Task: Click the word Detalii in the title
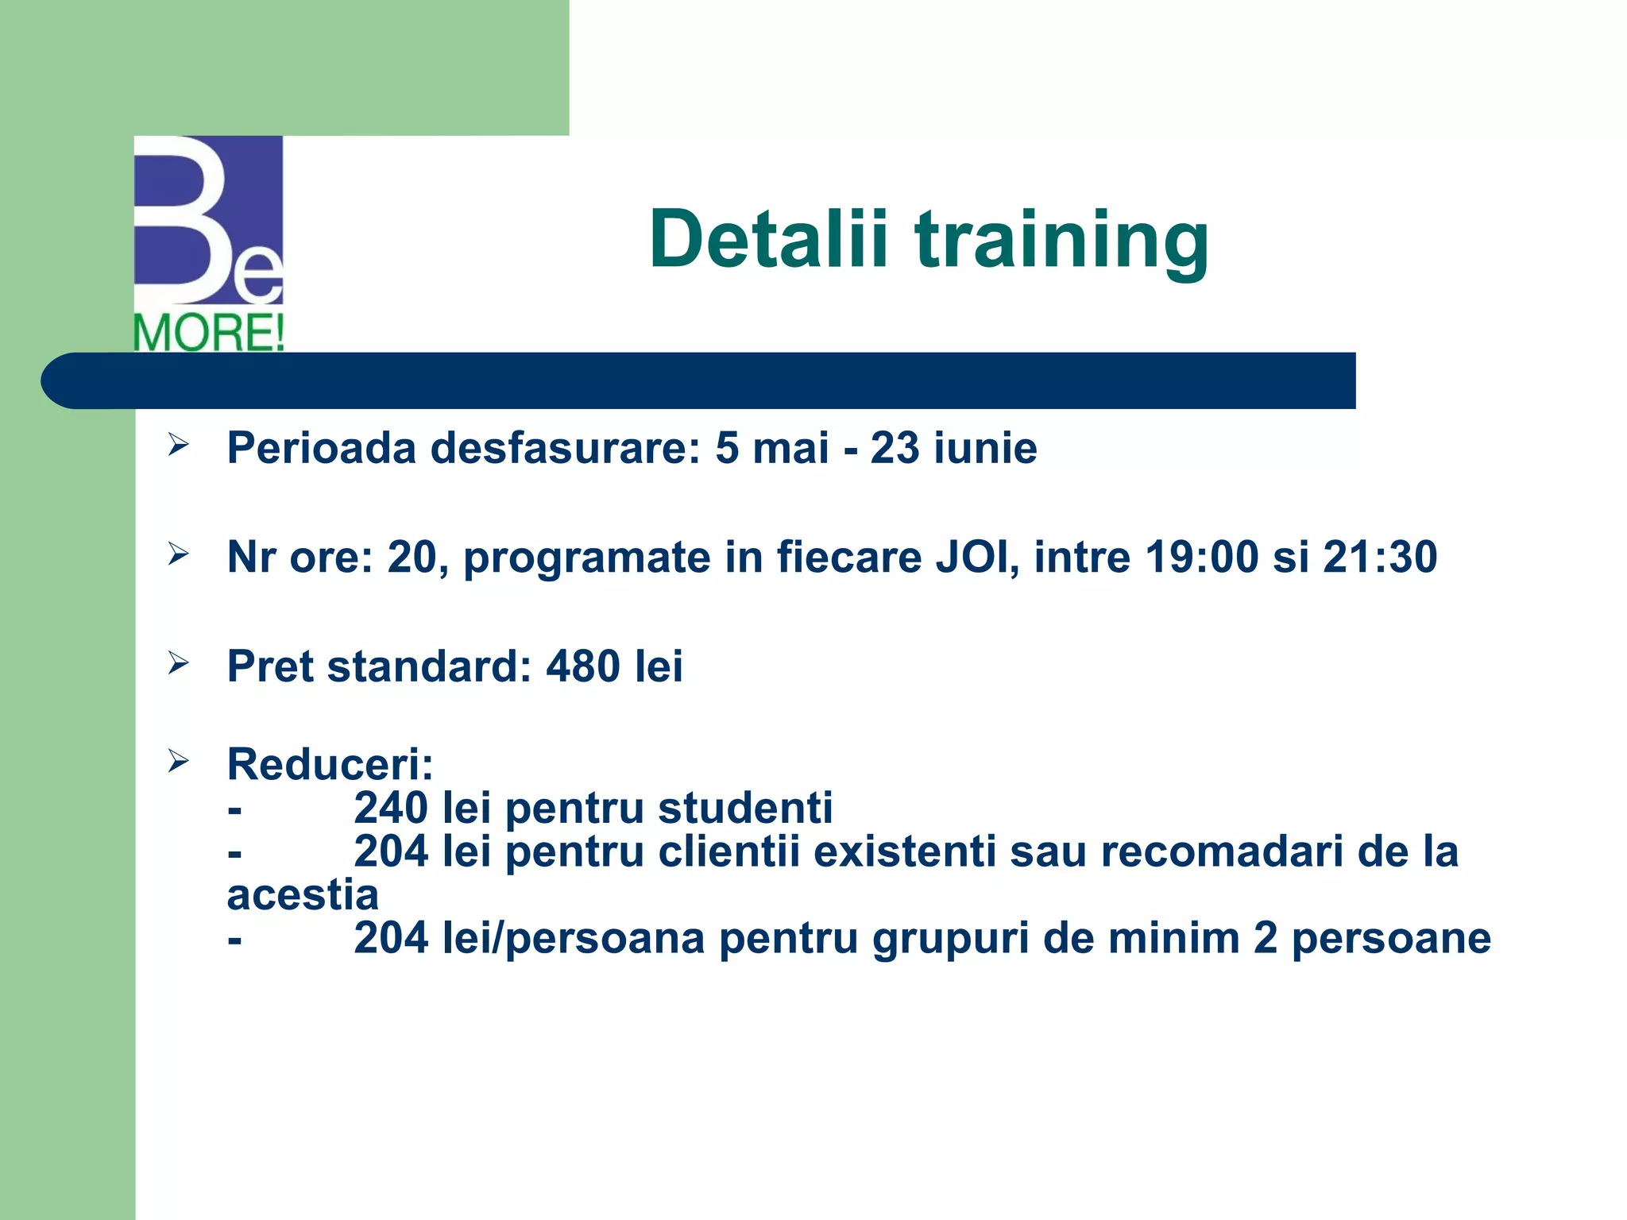click(767, 238)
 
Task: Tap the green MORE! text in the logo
click(209, 333)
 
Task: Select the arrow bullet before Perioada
click(178, 445)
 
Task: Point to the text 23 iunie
click(953, 448)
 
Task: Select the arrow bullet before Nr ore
click(178, 554)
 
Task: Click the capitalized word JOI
click(976, 557)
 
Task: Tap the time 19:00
click(1201, 557)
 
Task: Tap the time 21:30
click(1380, 557)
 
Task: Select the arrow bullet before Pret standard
click(178, 662)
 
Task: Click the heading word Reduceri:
click(330, 764)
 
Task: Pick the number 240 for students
click(391, 808)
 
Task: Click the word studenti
click(745, 808)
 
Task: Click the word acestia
click(303, 895)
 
